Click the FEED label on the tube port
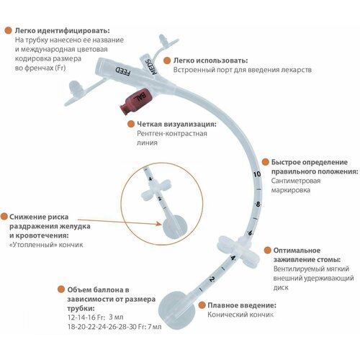coord(123,71)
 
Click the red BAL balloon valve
coord(136,101)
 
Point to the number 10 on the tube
coord(257,174)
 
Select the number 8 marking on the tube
coord(258,204)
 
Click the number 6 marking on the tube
coord(251,233)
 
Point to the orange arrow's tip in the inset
coord(161,224)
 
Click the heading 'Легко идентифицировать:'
coord(63,31)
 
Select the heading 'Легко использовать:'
coord(211,60)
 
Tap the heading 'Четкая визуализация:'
coord(176,124)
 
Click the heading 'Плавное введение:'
coord(242,305)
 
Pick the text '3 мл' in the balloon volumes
coord(116,317)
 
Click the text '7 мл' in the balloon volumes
coord(155,327)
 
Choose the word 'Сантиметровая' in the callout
coord(296,181)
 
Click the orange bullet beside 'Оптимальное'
coord(268,251)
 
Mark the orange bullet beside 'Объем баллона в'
coord(61,289)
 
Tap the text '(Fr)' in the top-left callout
coord(60,68)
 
